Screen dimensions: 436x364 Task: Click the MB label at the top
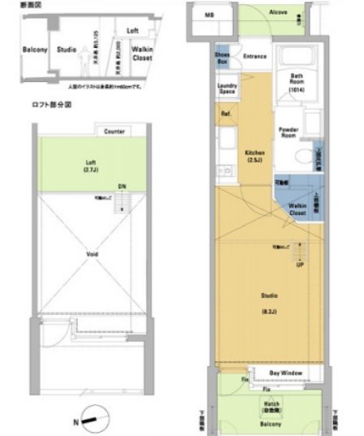pyautogui.click(x=209, y=15)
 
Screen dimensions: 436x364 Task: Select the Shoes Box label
pyautogui.click(x=222, y=58)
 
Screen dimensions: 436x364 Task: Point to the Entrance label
pyautogui.click(x=254, y=56)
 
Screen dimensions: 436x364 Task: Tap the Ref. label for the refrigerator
pyautogui.click(x=227, y=115)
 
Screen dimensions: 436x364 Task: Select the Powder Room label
pyautogui.click(x=288, y=133)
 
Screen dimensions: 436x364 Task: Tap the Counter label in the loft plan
pyautogui.click(x=115, y=131)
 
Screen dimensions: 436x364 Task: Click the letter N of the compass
pyautogui.click(x=76, y=421)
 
